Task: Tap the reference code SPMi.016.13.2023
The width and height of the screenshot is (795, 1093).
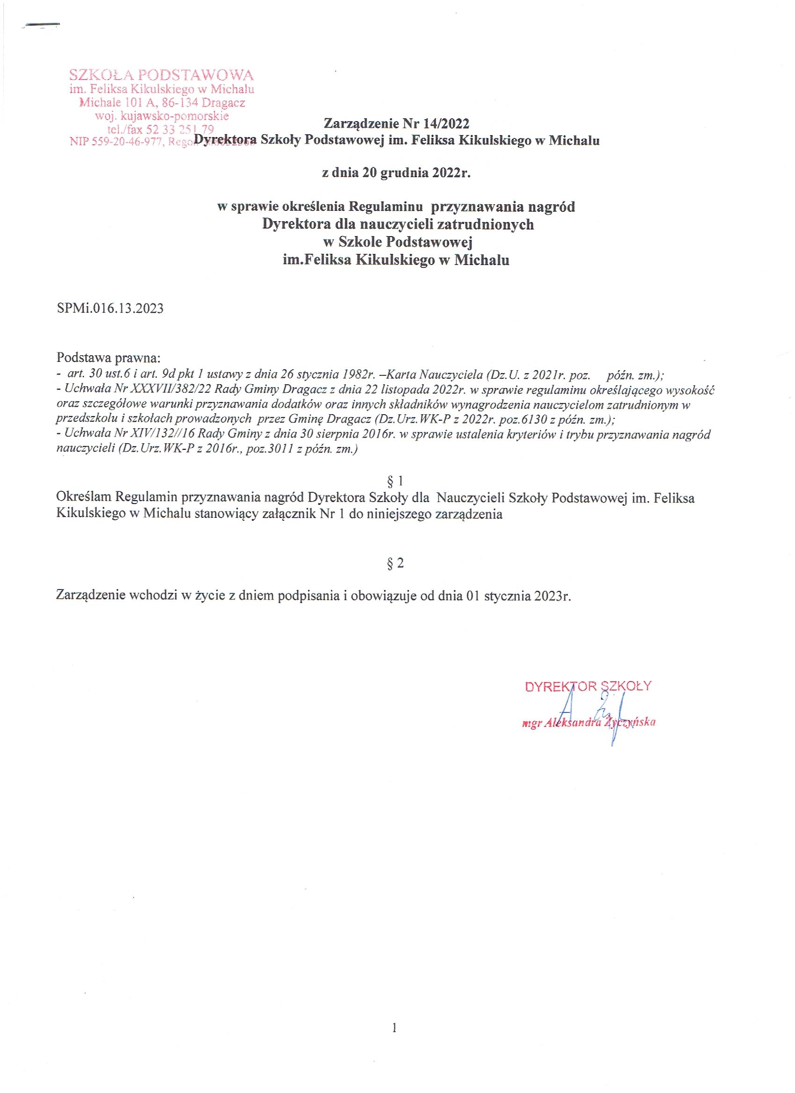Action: (110, 309)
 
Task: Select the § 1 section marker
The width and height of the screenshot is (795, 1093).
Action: (395, 481)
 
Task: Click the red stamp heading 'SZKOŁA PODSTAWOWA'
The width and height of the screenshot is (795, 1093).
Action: (161, 75)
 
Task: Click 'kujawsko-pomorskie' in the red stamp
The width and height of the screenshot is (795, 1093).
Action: (175, 116)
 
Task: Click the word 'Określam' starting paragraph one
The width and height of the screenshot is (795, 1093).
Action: (84, 497)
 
